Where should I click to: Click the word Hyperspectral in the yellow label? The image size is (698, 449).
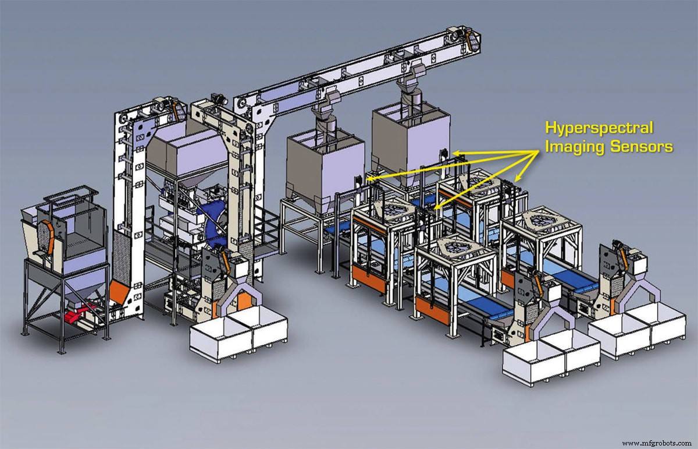[x=599, y=128]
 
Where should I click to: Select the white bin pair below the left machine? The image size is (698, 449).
[x=238, y=335]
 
